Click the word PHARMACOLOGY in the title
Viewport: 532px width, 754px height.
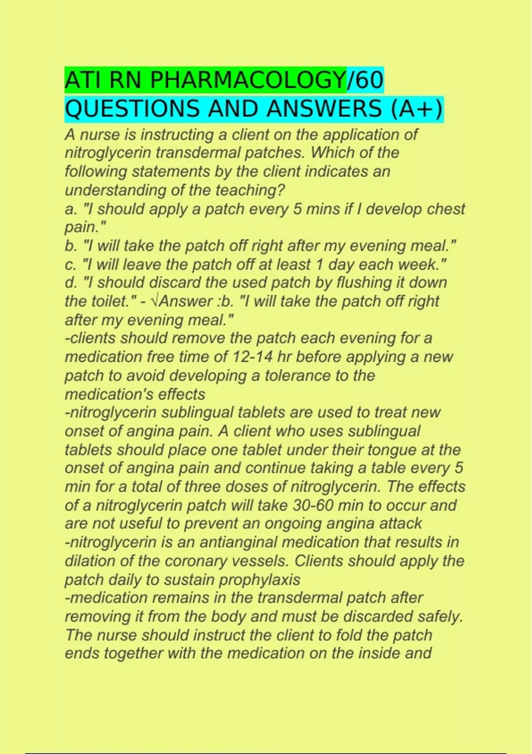pos(248,81)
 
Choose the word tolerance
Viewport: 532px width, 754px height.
pos(297,376)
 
